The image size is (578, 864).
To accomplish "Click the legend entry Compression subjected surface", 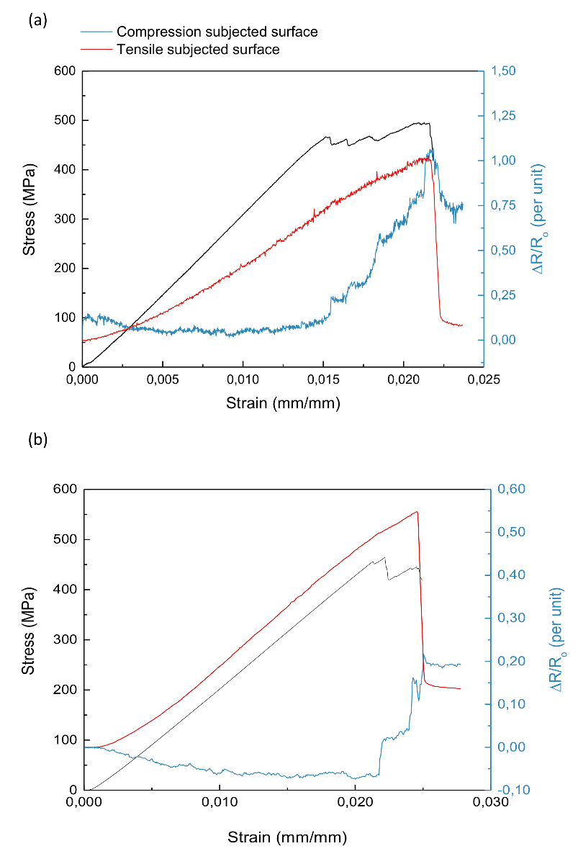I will tap(217, 32).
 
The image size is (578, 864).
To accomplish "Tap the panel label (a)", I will tap(37, 20).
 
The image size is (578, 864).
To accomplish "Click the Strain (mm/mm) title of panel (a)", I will tap(282, 403).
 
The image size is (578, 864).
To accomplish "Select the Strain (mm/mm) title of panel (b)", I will tap(287, 837).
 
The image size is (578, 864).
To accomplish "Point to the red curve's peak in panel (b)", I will tap(417, 512).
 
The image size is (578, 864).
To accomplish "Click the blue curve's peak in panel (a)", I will tap(432, 149).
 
